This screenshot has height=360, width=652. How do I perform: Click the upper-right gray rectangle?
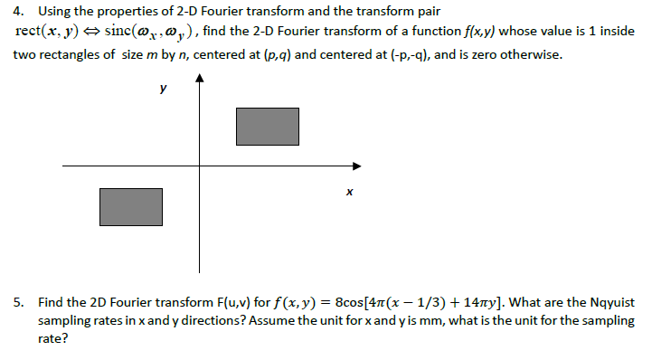pyautogui.click(x=267, y=127)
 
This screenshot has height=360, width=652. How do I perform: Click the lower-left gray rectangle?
pyautogui.click(x=131, y=207)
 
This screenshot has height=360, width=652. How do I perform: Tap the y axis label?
pyautogui.click(x=163, y=89)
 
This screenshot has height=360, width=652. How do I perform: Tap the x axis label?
pyautogui.click(x=348, y=192)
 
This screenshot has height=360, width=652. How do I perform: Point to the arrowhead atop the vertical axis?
pyautogui.click(x=200, y=80)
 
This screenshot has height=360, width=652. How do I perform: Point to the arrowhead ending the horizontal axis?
pyautogui.click(x=357, y=166)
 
